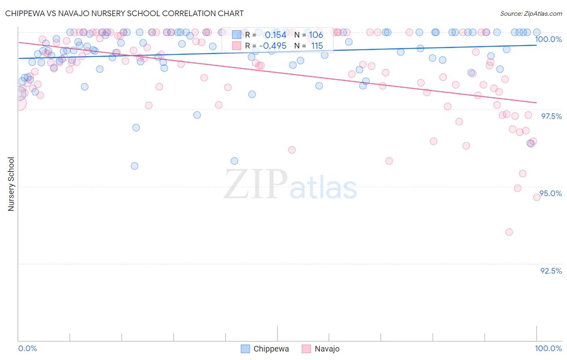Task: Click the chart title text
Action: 124,13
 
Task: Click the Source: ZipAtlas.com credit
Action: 531,13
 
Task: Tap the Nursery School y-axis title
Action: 11,184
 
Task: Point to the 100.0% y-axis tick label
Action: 548,39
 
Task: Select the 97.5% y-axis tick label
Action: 551,116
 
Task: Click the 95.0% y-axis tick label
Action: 551,193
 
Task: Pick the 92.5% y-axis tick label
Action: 551,271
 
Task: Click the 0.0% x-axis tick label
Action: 27,348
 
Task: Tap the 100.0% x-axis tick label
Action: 548,348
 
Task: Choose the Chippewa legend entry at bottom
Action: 265,349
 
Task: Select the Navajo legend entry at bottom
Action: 321,349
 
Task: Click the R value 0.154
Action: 275,35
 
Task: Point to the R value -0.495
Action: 273,46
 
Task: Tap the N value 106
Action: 316,35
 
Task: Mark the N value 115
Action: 317,46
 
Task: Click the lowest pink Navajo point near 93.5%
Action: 509,232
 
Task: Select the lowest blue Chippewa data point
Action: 135,166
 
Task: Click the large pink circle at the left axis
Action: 18,103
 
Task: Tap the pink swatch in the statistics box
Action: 237,46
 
